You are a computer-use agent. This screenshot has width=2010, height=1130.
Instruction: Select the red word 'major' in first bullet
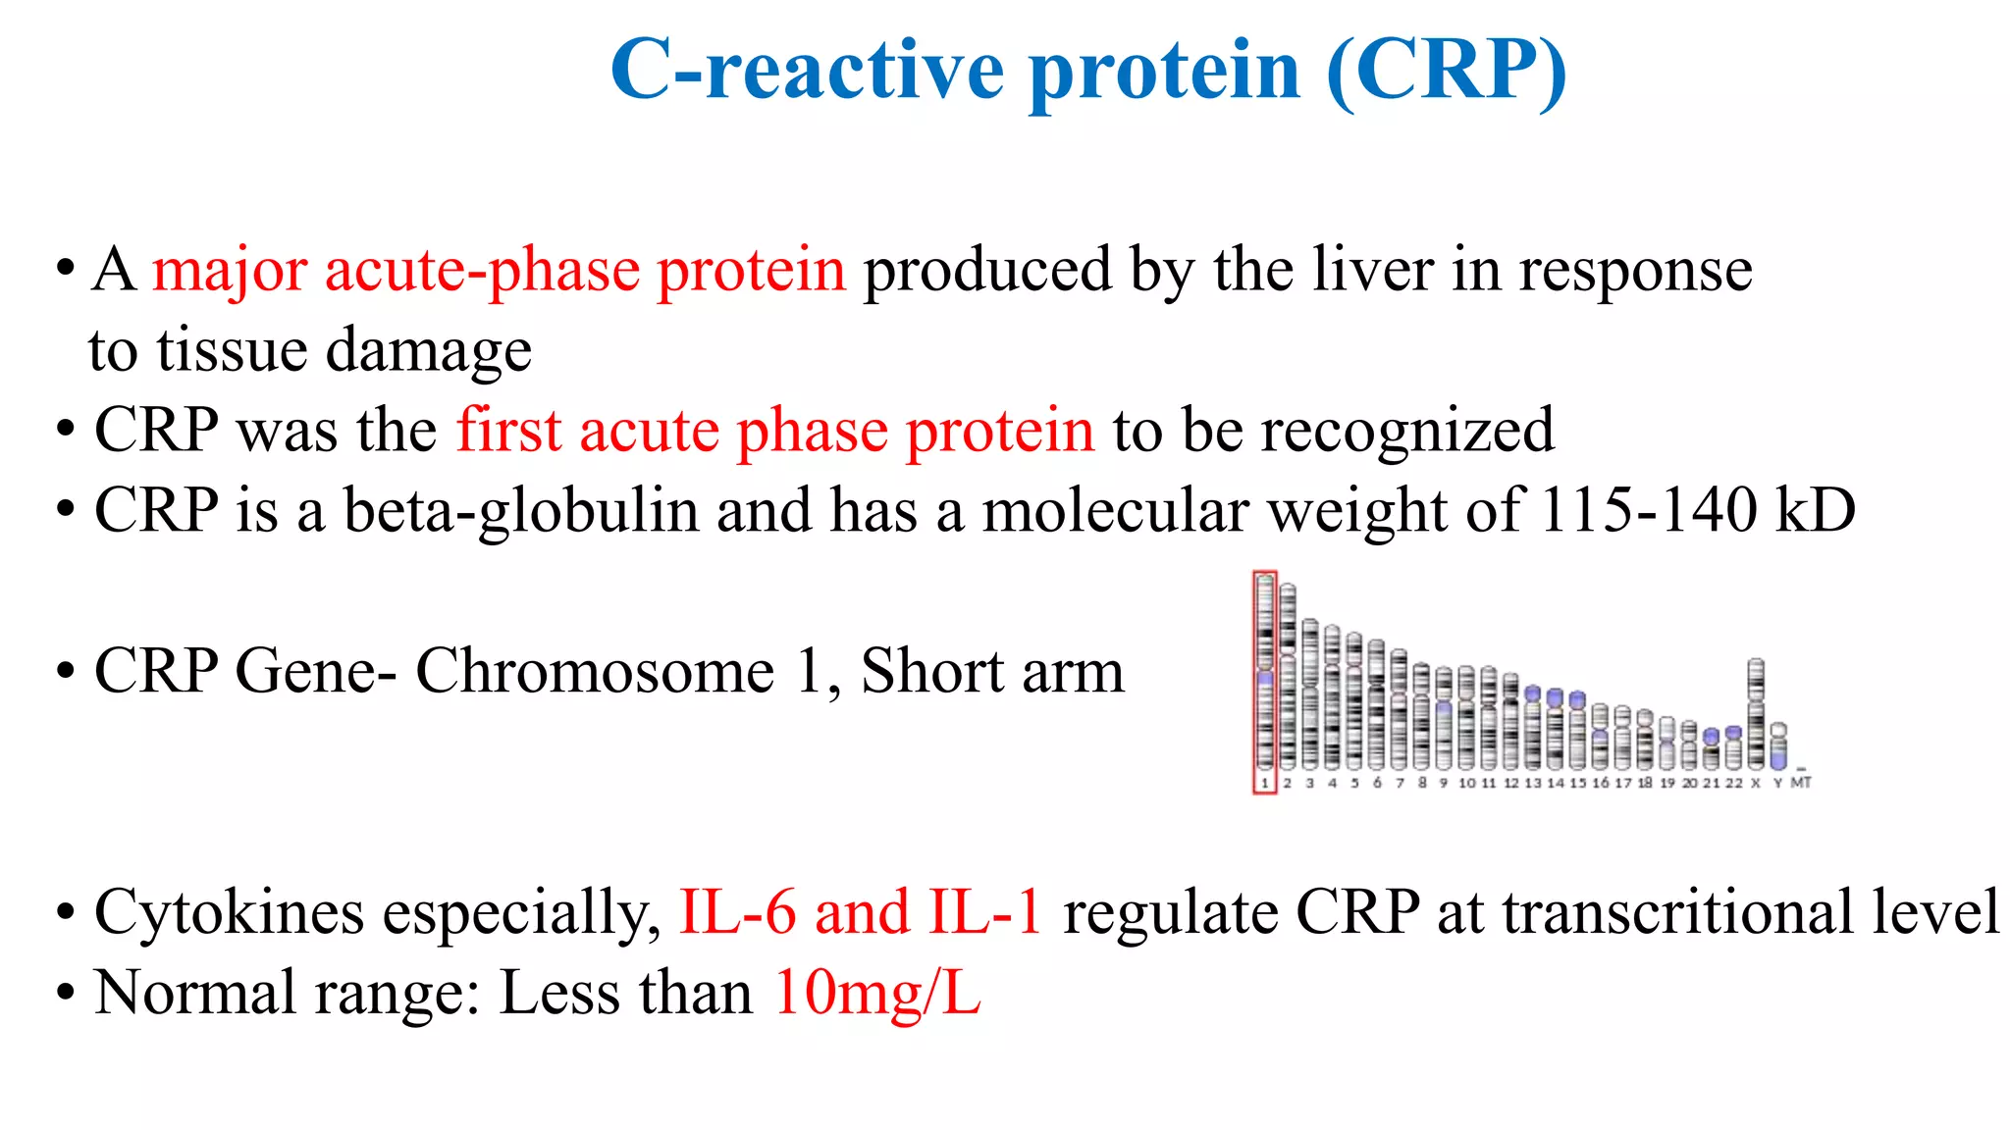(230, 271)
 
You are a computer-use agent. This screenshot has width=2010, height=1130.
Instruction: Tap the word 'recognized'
(1407, 432)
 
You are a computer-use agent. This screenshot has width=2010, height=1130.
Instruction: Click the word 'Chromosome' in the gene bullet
(595, 672)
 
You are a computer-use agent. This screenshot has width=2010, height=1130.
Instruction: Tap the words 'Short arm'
(992, 672)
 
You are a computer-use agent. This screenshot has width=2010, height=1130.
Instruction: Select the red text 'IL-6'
(737, 912)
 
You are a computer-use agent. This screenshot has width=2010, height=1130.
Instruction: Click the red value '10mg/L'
(877, 993)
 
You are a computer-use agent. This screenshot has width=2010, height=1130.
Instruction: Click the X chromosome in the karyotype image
(1756, 714)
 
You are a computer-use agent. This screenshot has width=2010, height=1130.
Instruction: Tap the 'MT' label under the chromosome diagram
(1801, 783)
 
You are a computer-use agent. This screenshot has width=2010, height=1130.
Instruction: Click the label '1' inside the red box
(1265, 783)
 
